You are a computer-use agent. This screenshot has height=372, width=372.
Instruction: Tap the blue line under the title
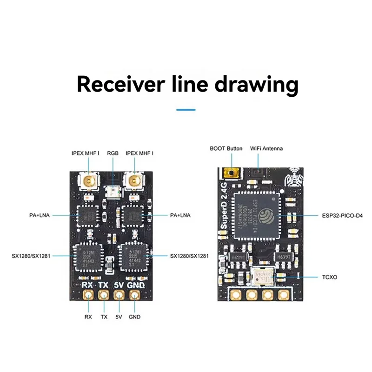point(186,110)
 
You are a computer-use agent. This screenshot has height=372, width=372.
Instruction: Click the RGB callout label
point(113,153)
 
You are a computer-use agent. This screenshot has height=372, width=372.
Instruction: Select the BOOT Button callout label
point(226,148)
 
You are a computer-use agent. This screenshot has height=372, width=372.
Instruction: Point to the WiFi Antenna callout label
point(266,148)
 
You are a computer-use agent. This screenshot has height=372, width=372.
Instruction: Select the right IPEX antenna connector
point(134,180)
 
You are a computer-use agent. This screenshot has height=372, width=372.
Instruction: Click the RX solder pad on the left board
point(87,294)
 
